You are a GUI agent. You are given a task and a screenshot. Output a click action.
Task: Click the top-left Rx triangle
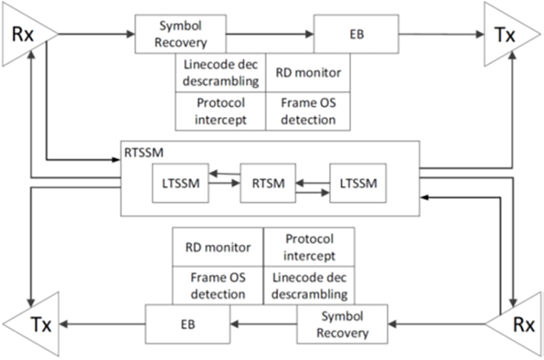(x=24, y=35)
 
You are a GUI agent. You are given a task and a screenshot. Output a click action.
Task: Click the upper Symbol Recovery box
(x=180, y=34)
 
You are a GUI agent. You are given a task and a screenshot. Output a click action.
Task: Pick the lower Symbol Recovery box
(x=342, y=324)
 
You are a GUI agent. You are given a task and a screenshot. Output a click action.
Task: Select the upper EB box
(x=356, y=34)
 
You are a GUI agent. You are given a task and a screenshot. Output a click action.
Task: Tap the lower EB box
(x=188, y=324)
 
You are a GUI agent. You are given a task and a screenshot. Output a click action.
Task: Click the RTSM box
(x=268, y=183)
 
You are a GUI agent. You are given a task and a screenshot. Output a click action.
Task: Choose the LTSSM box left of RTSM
(x=180, y=183)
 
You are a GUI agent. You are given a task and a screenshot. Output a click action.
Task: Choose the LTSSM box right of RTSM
(x=358, y=183)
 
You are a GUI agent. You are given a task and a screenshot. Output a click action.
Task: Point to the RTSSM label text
(x=143, y=152)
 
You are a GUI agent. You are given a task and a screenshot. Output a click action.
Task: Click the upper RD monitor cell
(x=308, y=73)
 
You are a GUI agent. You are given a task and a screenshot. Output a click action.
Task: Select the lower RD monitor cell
(x=218, y=247)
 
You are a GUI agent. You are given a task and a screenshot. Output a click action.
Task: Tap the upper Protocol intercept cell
(x=220, y=111)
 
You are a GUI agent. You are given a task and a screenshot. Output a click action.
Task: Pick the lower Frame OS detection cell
(x=218, y=286)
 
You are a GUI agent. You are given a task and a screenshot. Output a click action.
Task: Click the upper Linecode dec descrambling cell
(x=220, y=73)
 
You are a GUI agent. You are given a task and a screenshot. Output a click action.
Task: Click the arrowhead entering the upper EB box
(x=309, y=34)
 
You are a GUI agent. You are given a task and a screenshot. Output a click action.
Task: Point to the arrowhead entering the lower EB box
(x=235, y=324)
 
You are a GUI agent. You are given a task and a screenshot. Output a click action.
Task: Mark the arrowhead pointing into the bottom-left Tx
(x=64, y=324)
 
